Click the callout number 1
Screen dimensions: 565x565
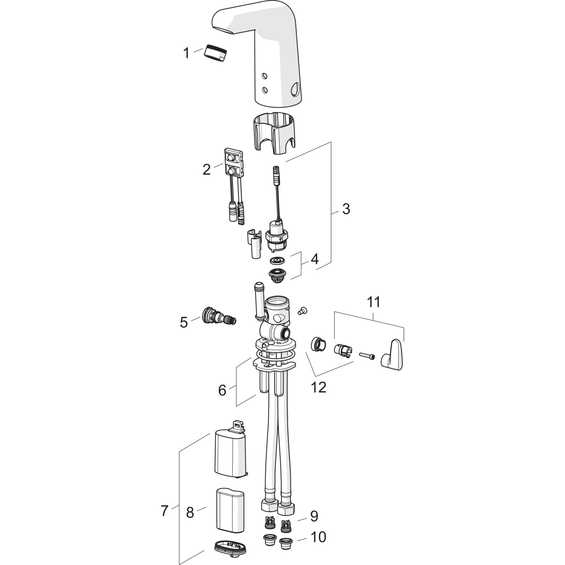coord(186,53)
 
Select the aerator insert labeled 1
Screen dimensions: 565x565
coord(215,52)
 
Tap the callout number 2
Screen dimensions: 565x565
coord(206,170)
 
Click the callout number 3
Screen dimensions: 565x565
coord(346,209)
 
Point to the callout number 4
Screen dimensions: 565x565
coord(314,259)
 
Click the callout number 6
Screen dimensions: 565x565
coord(222,390)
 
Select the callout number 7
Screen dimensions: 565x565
coord(164,511)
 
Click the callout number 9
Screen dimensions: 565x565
coord(314,516)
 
